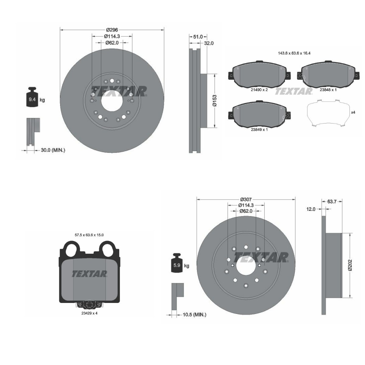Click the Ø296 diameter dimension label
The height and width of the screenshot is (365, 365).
point(112,30)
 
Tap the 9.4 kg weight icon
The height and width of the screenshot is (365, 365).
point(32,98)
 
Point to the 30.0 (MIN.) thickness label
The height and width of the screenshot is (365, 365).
point(53,150)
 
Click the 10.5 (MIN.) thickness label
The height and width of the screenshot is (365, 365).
point(194,315)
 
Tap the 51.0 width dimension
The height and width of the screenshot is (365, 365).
point(198,37)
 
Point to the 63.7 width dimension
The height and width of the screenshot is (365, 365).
point(332,201)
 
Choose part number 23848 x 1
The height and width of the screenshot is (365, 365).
point(328,90)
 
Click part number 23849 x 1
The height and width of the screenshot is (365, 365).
point(259,130)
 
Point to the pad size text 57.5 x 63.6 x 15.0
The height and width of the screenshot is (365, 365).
point(89,235)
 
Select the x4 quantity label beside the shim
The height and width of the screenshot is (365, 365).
point(353,112)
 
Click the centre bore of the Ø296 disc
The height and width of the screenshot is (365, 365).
point(112,100)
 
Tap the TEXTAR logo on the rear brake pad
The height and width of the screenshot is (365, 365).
point(89,274)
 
